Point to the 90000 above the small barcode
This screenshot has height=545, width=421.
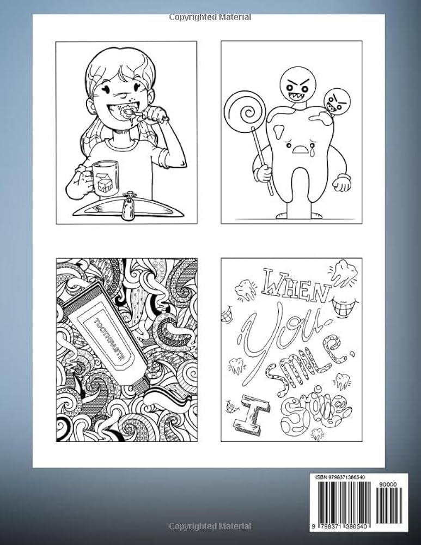[391, 483]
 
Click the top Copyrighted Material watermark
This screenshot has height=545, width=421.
[210, 17]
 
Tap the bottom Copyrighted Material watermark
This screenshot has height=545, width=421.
[210, 526]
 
